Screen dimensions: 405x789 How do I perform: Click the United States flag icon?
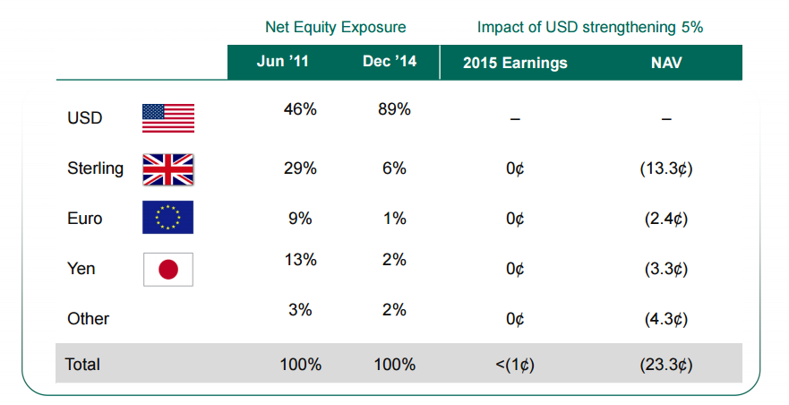tap(167, 118)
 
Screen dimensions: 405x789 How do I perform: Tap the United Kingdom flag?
tap(167, 168)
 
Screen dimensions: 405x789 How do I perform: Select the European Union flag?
tap(167, 218)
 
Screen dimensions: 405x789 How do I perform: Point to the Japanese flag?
tap(167, 269)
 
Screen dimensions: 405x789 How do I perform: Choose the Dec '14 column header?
tap(390, 63)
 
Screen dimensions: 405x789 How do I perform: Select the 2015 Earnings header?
tap(515, 63)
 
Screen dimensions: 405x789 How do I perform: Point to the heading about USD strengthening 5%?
tap(589, 28)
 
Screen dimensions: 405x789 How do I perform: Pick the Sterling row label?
tap(95, 168)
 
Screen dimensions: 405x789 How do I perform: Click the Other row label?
tap(88, 318)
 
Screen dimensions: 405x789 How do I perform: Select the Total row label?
tap(82, 365)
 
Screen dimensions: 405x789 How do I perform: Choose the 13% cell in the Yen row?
tap(300, 260)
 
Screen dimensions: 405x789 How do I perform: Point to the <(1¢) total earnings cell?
tap(515, 365)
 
